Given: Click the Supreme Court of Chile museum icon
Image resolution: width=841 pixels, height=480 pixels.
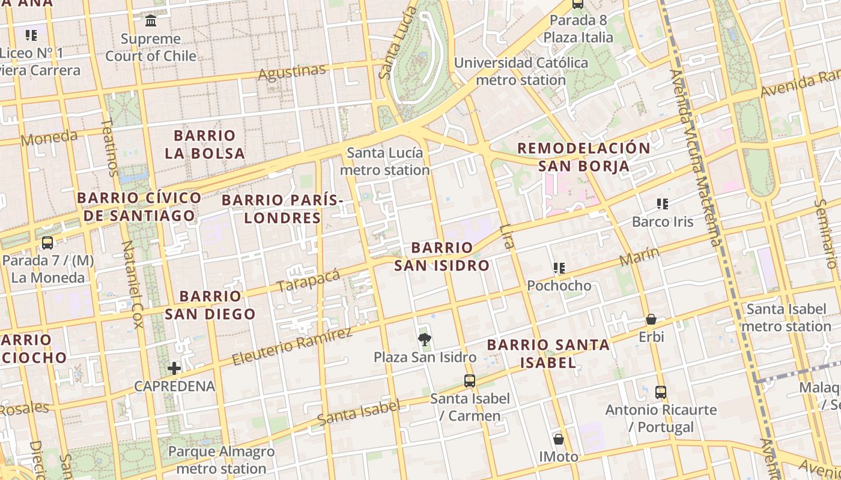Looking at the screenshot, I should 151,21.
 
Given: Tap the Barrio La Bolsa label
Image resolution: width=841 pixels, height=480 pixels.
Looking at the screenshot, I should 205,144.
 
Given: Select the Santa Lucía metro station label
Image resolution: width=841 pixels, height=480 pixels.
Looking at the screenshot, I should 385,161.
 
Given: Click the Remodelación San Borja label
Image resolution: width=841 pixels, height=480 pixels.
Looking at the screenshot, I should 584,157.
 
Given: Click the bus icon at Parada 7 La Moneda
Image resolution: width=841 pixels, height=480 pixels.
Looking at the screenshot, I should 47,243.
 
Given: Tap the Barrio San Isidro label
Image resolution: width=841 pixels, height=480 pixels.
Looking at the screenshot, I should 442,256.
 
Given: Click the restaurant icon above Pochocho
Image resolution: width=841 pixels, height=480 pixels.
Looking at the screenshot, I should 559,268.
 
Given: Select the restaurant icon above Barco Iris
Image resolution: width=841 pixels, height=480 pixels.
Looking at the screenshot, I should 663,204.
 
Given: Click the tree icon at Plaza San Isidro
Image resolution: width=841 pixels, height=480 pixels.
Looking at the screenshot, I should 425,340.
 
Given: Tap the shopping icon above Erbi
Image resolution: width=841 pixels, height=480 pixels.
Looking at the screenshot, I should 651,319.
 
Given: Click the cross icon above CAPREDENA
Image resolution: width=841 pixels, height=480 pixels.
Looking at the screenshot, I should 174,368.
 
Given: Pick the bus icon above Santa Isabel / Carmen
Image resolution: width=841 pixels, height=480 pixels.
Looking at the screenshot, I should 470,381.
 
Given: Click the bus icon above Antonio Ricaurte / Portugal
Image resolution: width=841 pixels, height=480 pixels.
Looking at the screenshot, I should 661,392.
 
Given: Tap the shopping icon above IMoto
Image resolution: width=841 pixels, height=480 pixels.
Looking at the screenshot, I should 559,439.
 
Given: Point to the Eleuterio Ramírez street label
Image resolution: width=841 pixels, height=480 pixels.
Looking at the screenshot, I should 291,347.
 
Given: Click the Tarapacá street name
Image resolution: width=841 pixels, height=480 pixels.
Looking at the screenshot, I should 309,281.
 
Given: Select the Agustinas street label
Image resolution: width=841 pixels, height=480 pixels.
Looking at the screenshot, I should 292,73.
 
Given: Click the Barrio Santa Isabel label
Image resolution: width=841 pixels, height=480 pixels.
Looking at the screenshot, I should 548,353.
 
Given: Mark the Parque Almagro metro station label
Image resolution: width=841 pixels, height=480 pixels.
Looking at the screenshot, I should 221,460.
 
